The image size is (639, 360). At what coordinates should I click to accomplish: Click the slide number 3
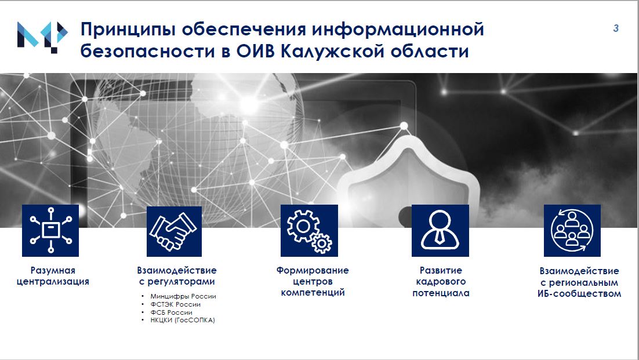[x=616, y=28]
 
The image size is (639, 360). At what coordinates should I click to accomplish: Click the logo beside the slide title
[x=42, y=37]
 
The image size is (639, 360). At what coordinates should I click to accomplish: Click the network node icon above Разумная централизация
[x=50, y=231]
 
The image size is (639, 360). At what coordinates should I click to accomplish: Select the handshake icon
[x=174, y=231]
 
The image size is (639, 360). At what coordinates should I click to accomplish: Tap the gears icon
[x=309, y=231]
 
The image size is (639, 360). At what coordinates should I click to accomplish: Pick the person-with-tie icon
[x=440, y=231]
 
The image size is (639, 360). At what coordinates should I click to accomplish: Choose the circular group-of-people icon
[x=572, y=231]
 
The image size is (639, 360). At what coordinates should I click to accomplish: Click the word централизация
[x=53, y=282]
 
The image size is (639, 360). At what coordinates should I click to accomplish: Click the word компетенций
[x=313, y=293]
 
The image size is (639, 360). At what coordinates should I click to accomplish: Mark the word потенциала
[x=441, y=293]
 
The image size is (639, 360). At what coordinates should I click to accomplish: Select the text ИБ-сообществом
[x=579, y=293]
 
